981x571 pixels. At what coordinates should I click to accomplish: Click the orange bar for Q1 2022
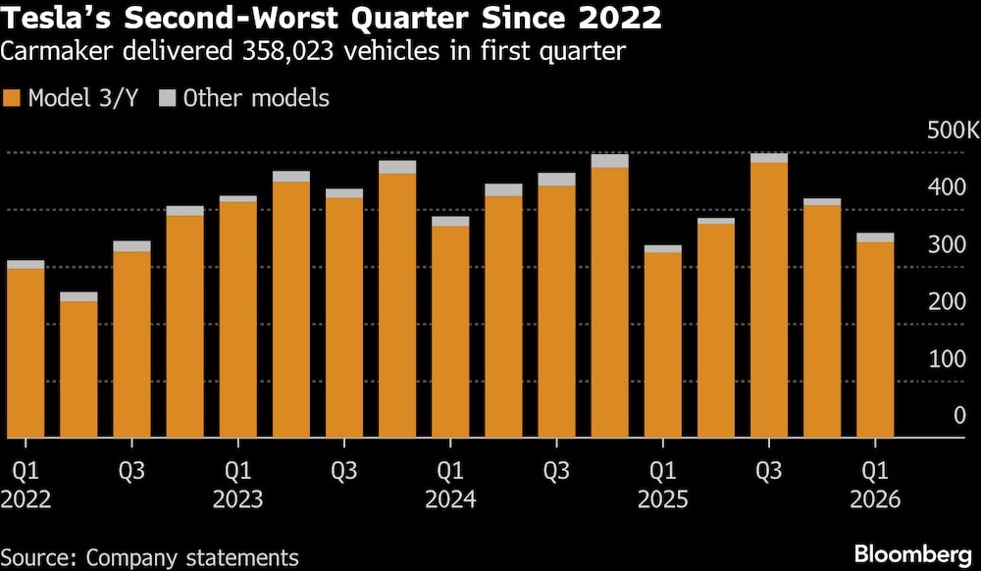(x=26, y=353)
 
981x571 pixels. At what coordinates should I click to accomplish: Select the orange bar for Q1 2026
(x=875, y=339)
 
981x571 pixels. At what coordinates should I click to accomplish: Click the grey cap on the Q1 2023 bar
(x=237, y=199)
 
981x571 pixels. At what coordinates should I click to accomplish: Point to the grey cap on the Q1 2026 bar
(x=875, y=237)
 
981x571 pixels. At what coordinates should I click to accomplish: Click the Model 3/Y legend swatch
(x=13, y=98)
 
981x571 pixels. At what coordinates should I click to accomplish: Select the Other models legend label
(x=256, y=98)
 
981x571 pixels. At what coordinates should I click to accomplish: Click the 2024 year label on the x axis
(x=449, y=500)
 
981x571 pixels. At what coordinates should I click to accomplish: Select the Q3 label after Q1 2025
(x=768, y=471)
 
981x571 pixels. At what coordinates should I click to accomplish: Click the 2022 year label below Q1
(x=26, y=500)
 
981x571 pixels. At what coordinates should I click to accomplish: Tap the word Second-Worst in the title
(x=228, y=19)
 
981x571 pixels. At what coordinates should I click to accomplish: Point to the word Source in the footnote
(x=38, y=557)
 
